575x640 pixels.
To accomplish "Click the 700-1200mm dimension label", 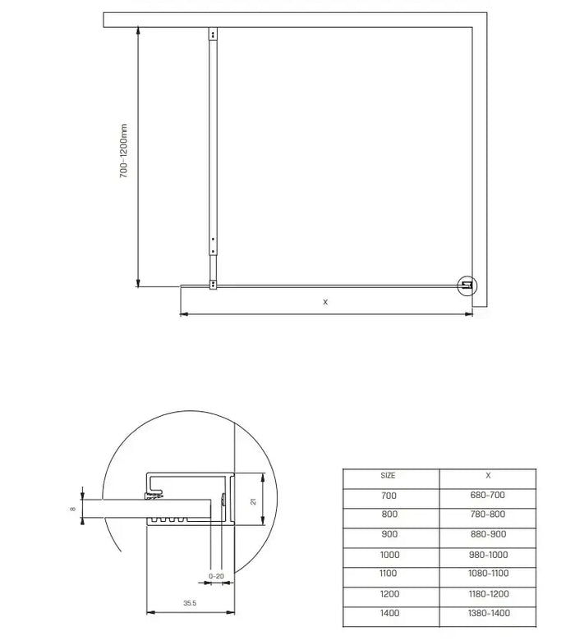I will [124, 152].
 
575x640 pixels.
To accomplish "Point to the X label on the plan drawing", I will [325, 302].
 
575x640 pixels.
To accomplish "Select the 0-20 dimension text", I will [216, 576].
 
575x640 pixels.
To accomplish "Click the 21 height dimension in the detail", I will [254, 501].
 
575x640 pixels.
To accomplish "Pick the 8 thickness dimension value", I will [73, 510].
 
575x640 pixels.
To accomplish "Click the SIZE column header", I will [389, 475].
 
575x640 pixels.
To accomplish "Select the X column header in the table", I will [488, 475].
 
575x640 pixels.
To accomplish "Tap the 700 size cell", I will [389, 496].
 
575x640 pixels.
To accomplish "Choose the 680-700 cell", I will [488, 496].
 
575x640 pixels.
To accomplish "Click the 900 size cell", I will [389, 535].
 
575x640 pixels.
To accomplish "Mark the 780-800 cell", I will [488, 515].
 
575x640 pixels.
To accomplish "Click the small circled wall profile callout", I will [467, 285].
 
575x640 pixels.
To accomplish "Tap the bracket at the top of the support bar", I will [213, 35].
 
